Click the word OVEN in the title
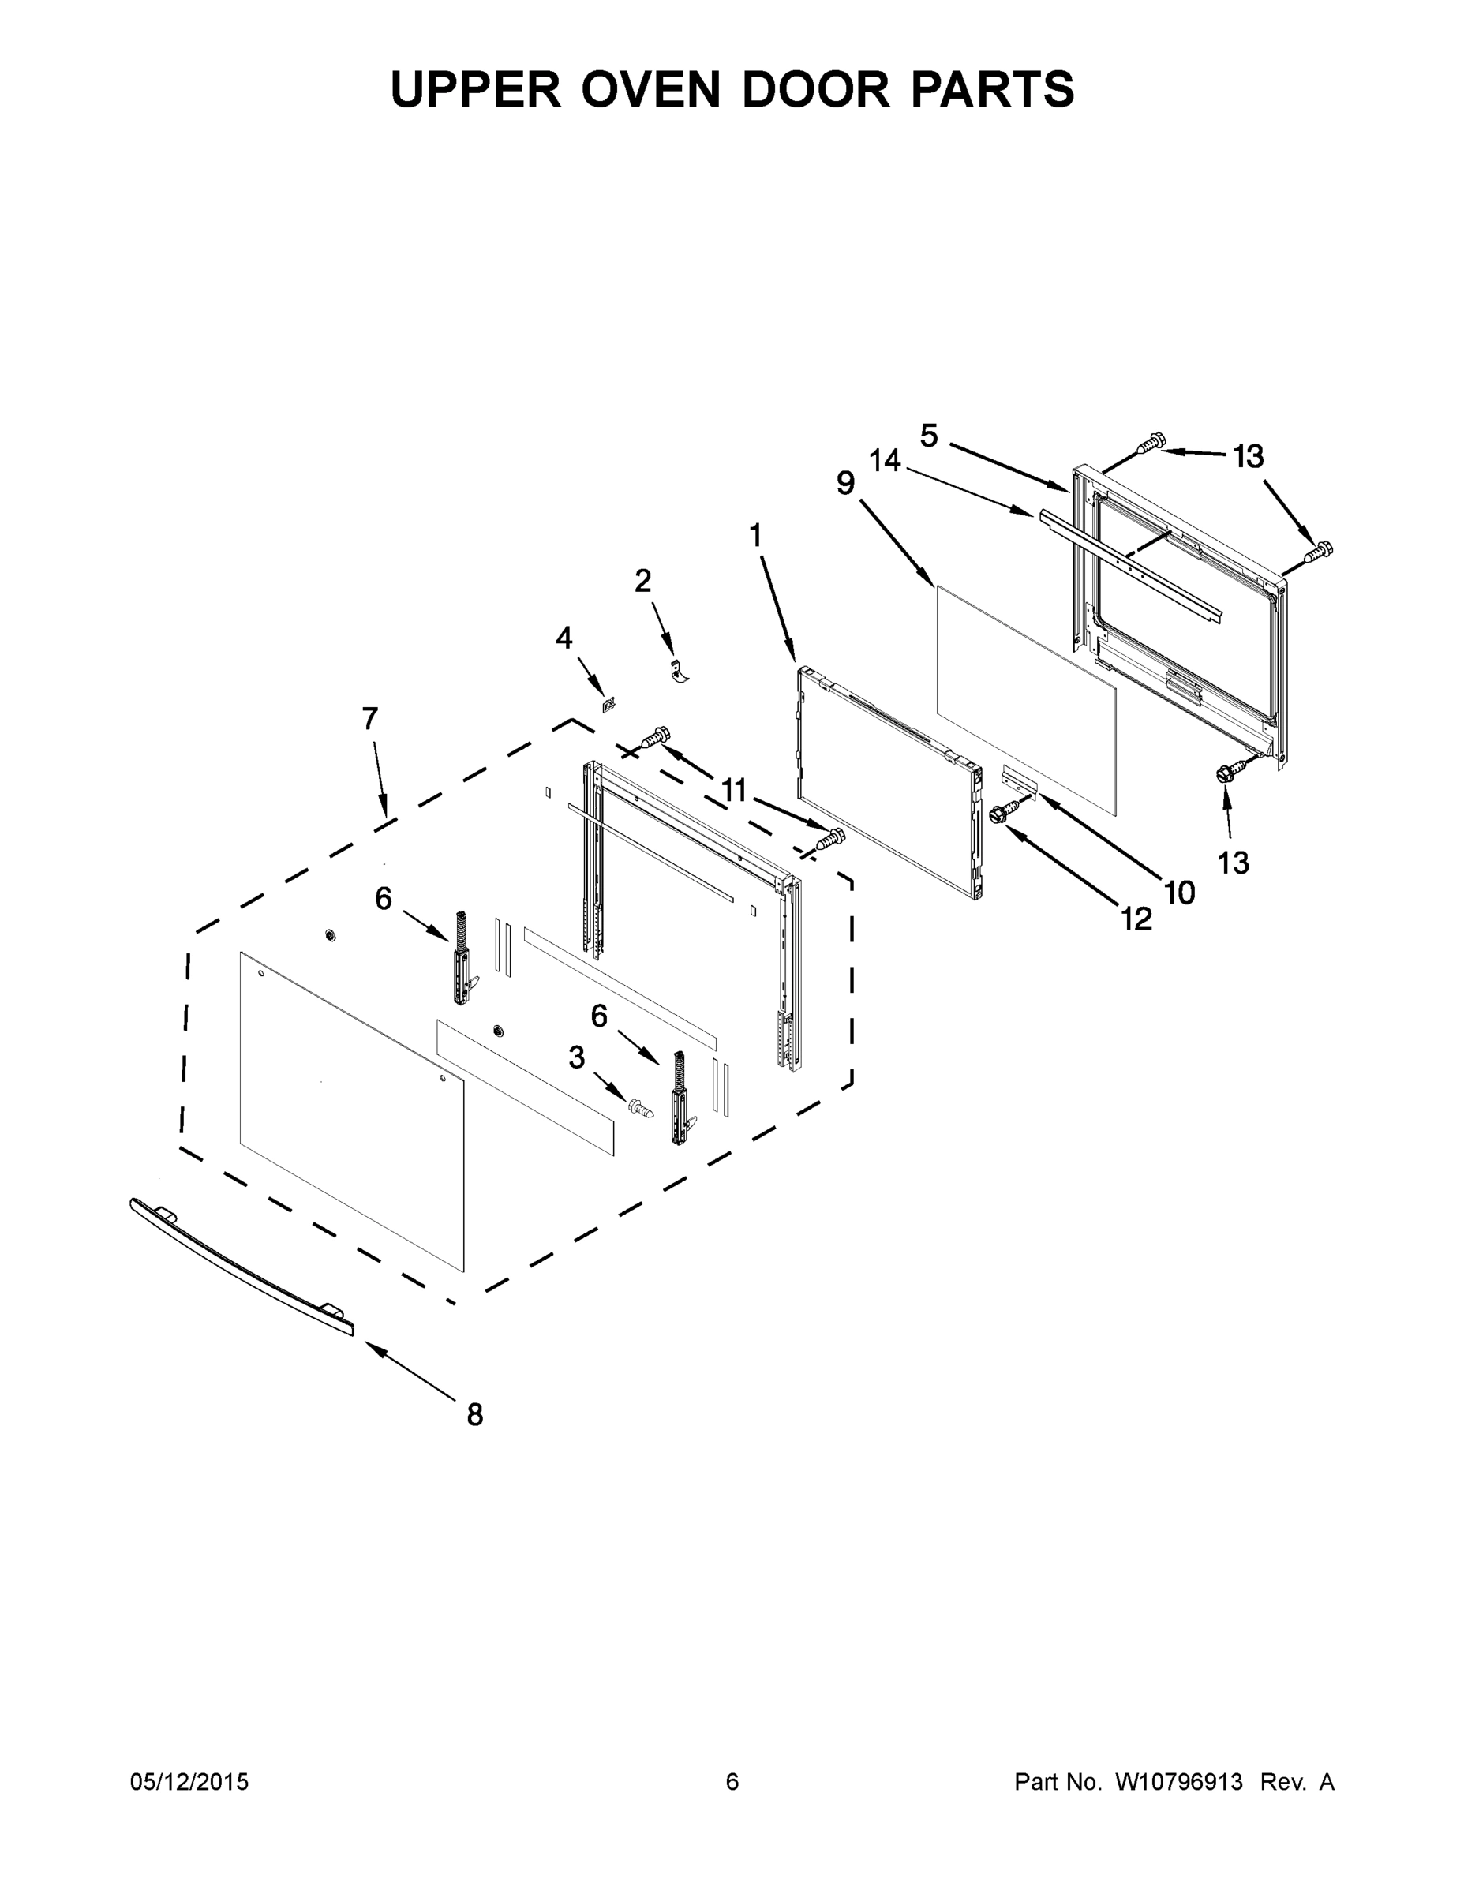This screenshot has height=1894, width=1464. [x=650, y=89]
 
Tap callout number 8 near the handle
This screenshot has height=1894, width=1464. [x=474, y=1414]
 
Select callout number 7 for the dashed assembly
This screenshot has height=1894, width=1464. [x=369, y=719]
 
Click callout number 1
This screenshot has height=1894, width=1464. [x=755, y=536]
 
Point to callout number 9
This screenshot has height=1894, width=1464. [x=845, y=483]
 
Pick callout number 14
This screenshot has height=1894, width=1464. [x=886, y=461]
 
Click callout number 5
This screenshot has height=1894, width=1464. [x=929, y=436]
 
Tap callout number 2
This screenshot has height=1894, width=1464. [x=642, y=581]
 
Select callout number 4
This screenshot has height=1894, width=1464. [x=564, y=638]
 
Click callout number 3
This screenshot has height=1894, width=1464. [x=577, y=1057]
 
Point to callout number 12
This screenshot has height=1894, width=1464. [x=1136, y=919]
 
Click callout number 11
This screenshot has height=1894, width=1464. [x=734, y=790]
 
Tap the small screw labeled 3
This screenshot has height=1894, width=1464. [x=640, y=1107]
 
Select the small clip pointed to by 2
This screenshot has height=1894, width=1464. [x=678, y=672]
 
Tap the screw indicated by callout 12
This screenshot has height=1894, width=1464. [x=1003, y=813]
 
